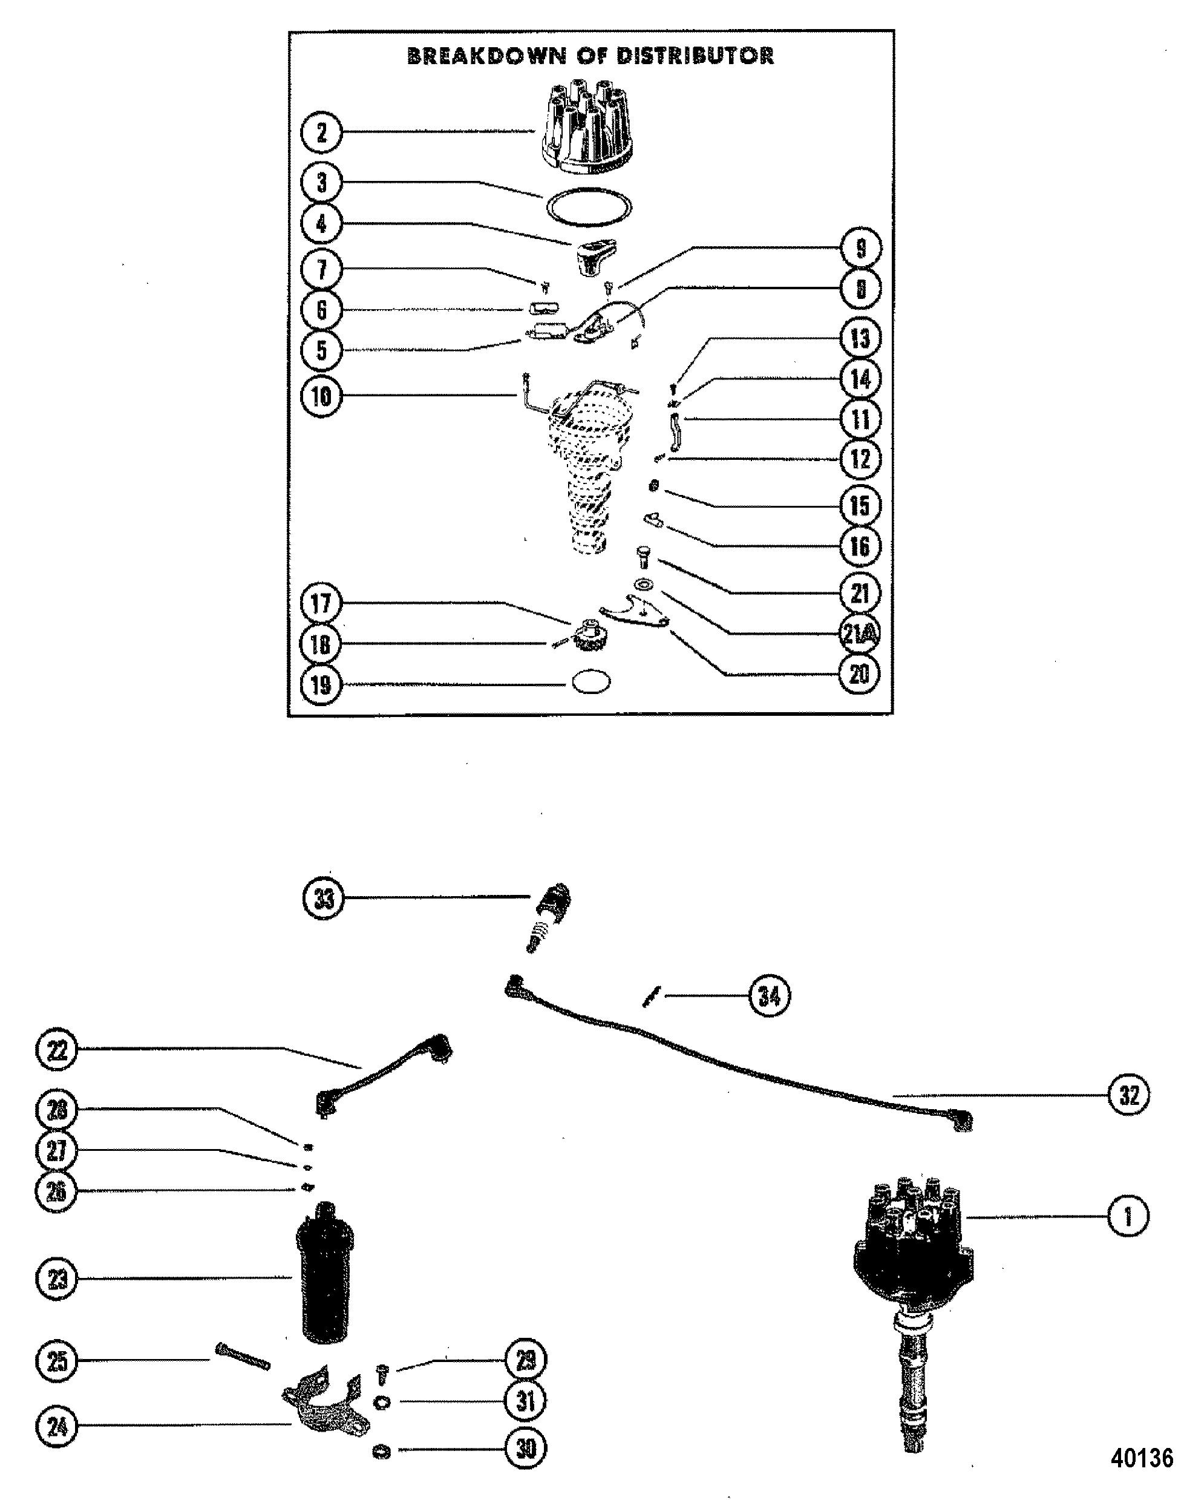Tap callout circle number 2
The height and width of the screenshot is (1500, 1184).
322,133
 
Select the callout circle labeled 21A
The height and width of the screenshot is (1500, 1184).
859,634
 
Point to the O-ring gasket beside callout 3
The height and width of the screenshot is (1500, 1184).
589,206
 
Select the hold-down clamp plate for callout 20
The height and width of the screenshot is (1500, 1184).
633,610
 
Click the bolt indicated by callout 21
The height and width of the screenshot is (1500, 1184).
642,558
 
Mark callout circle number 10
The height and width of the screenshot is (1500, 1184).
322,397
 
